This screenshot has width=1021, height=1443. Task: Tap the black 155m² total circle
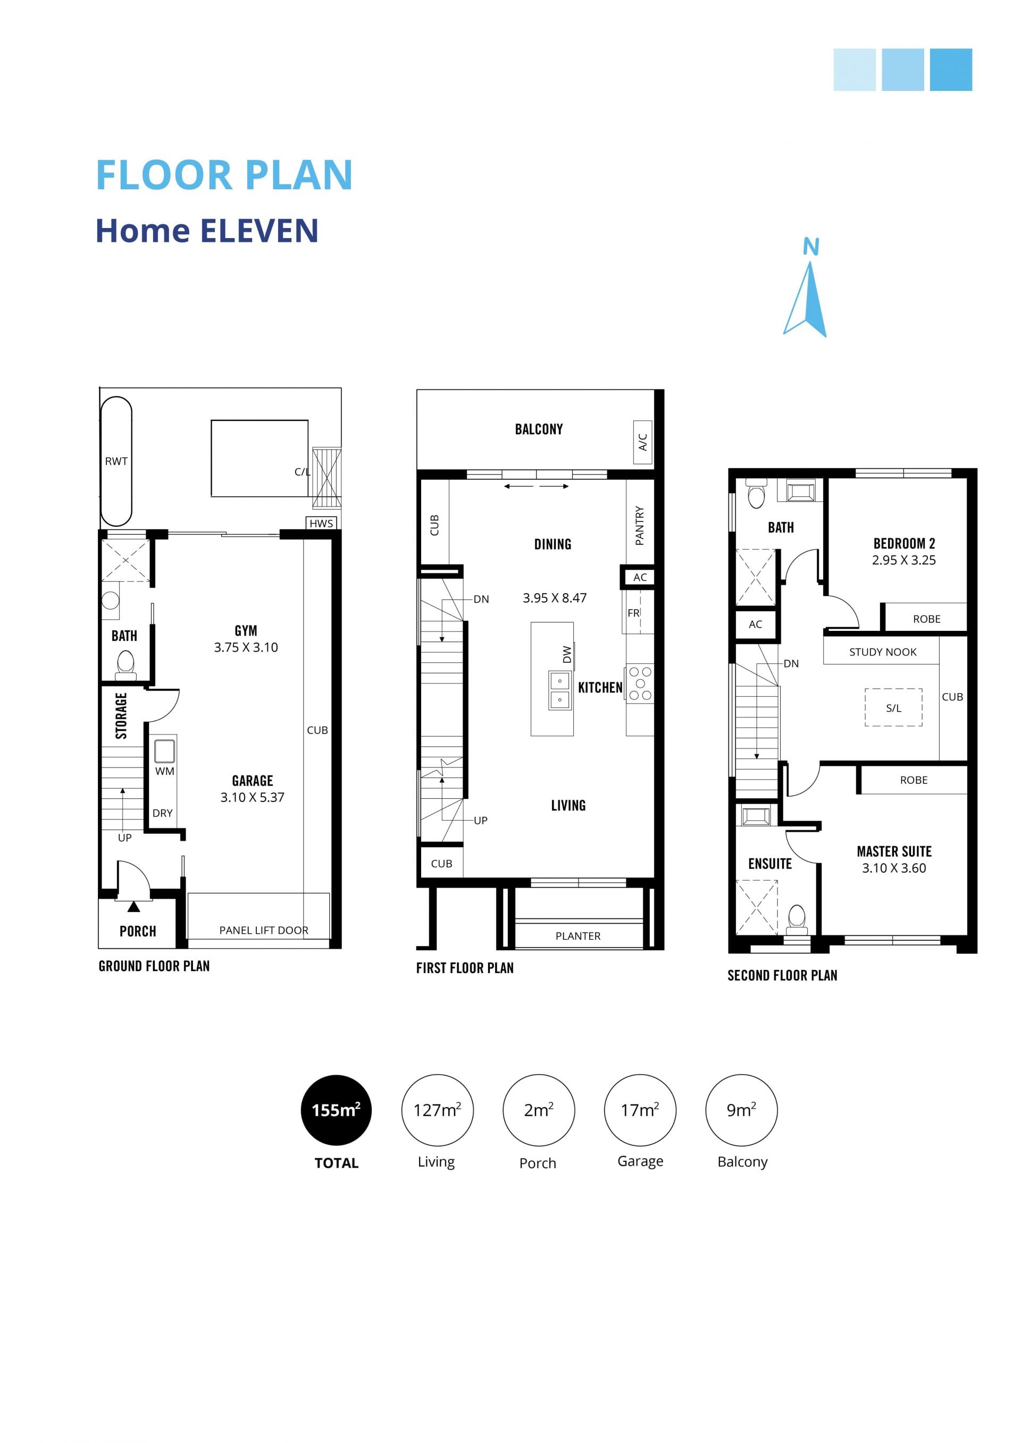point(337,1110)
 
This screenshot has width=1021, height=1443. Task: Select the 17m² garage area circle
point(639,1110)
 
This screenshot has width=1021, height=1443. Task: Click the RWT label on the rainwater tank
point(116,461)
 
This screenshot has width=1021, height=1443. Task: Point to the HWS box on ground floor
point(321,523)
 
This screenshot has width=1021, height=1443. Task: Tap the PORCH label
point(138,931)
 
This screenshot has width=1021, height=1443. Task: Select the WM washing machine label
point(165,771)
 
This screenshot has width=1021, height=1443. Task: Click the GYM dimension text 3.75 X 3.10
point(246,647)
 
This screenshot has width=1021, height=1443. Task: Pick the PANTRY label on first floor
point(639,526)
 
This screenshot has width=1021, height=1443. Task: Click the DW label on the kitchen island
point(567,654)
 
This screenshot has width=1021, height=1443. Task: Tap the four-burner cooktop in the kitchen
point(639,683)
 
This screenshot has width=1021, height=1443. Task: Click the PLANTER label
point(578,936)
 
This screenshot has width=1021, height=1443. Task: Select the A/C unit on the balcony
point(642,442)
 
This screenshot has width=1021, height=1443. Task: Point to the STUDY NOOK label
point(883,652)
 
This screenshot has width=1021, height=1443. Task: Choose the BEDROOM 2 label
point(904,544)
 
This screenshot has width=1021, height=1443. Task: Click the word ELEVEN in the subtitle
point(259,231)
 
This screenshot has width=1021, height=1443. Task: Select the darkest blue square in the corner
point(951,70)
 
